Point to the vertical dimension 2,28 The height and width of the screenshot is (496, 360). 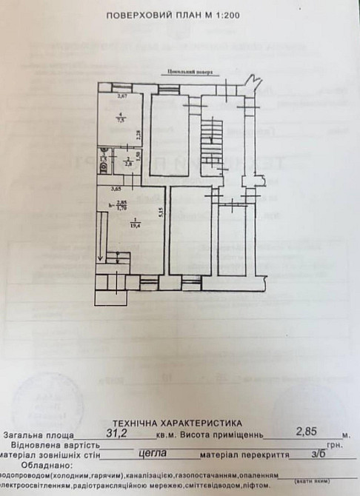138,135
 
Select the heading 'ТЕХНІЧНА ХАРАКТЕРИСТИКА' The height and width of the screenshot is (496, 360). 180,419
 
